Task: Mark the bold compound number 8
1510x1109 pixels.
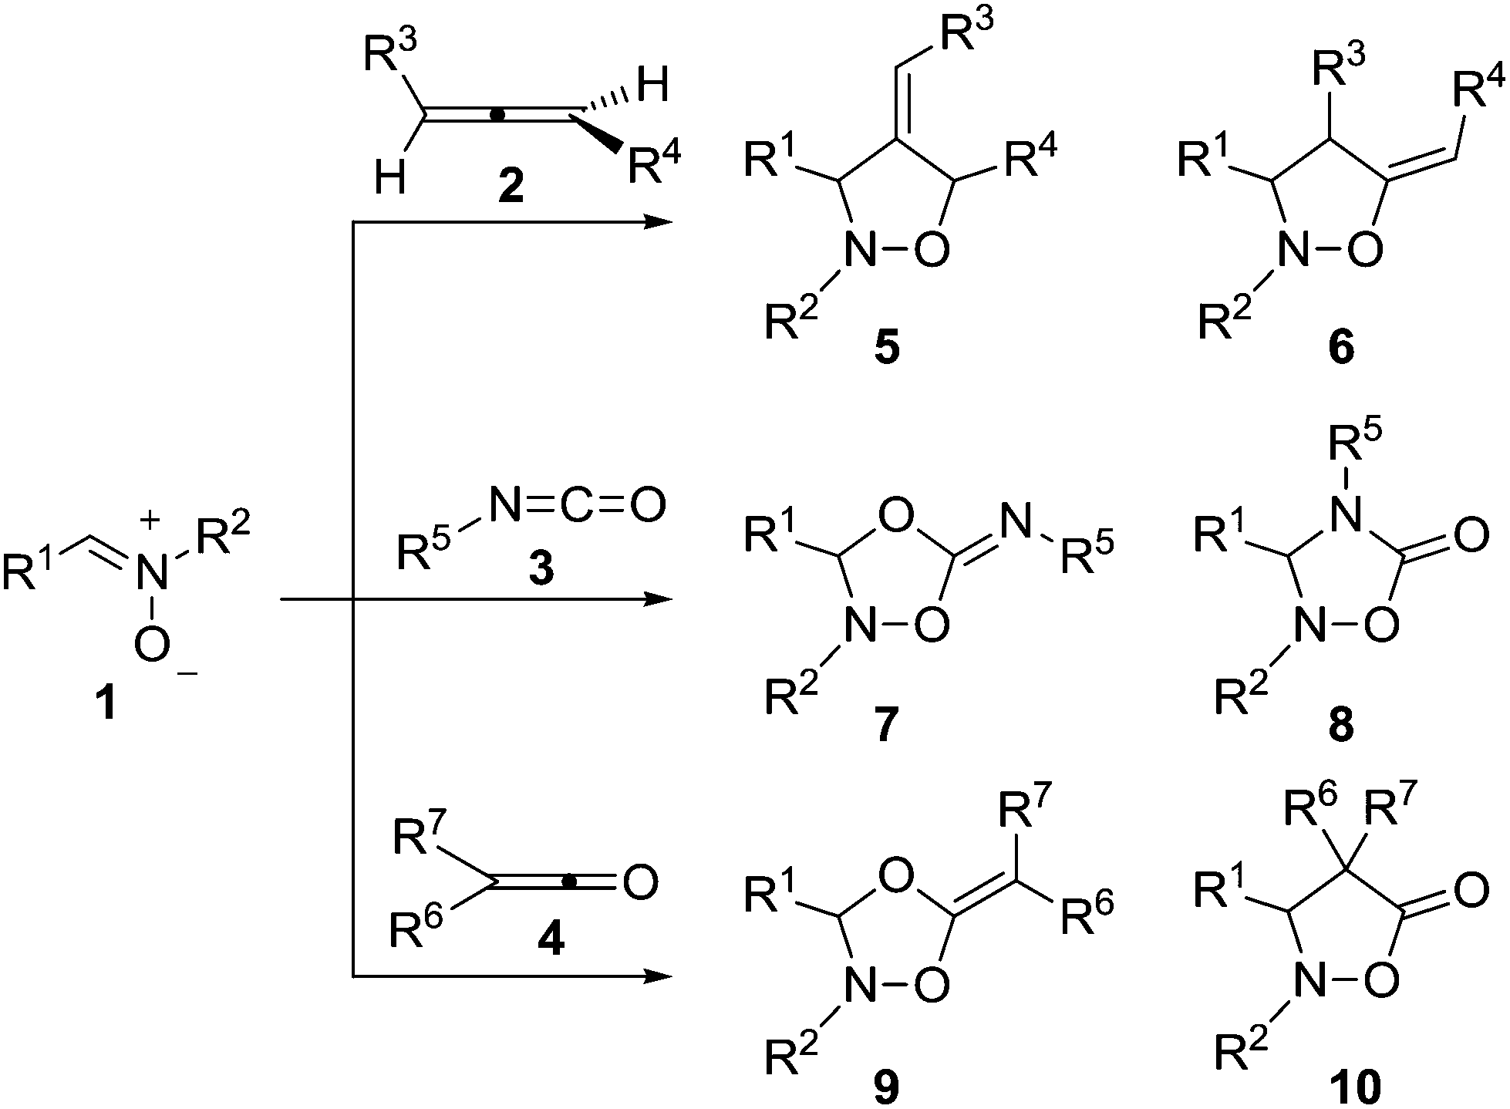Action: click(x=1340, y=725)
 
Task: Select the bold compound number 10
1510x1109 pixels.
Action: click(x=1357, y=1087)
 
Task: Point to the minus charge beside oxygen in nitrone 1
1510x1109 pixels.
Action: click(x=187, y=674)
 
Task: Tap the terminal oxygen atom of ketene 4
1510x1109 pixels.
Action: click(x=641, y=882)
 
